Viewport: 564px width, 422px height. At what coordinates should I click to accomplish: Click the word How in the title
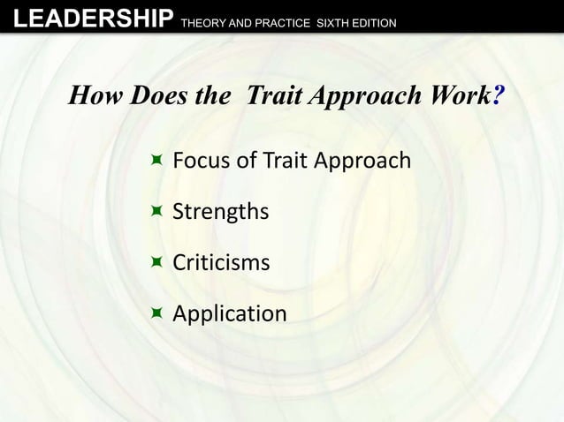(x=94, y=96)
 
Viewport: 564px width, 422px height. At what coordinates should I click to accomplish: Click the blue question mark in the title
(x=499, y=96)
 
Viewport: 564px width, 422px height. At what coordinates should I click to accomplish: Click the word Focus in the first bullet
(x=200, y=161)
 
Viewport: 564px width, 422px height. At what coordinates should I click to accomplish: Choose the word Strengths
(x=220, y=213)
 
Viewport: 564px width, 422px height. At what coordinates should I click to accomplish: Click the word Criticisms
(x=221, y=263)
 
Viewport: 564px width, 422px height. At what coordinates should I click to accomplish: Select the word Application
(x=229, y=314)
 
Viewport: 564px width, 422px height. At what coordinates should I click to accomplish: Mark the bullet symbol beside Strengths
(x=156, y=211)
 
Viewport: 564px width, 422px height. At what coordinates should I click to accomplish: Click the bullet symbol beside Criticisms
(x=156, y=261)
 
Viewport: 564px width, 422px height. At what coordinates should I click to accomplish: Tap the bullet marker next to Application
(x=156, y=312)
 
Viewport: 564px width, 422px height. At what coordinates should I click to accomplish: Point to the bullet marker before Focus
(x=156, y=160)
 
